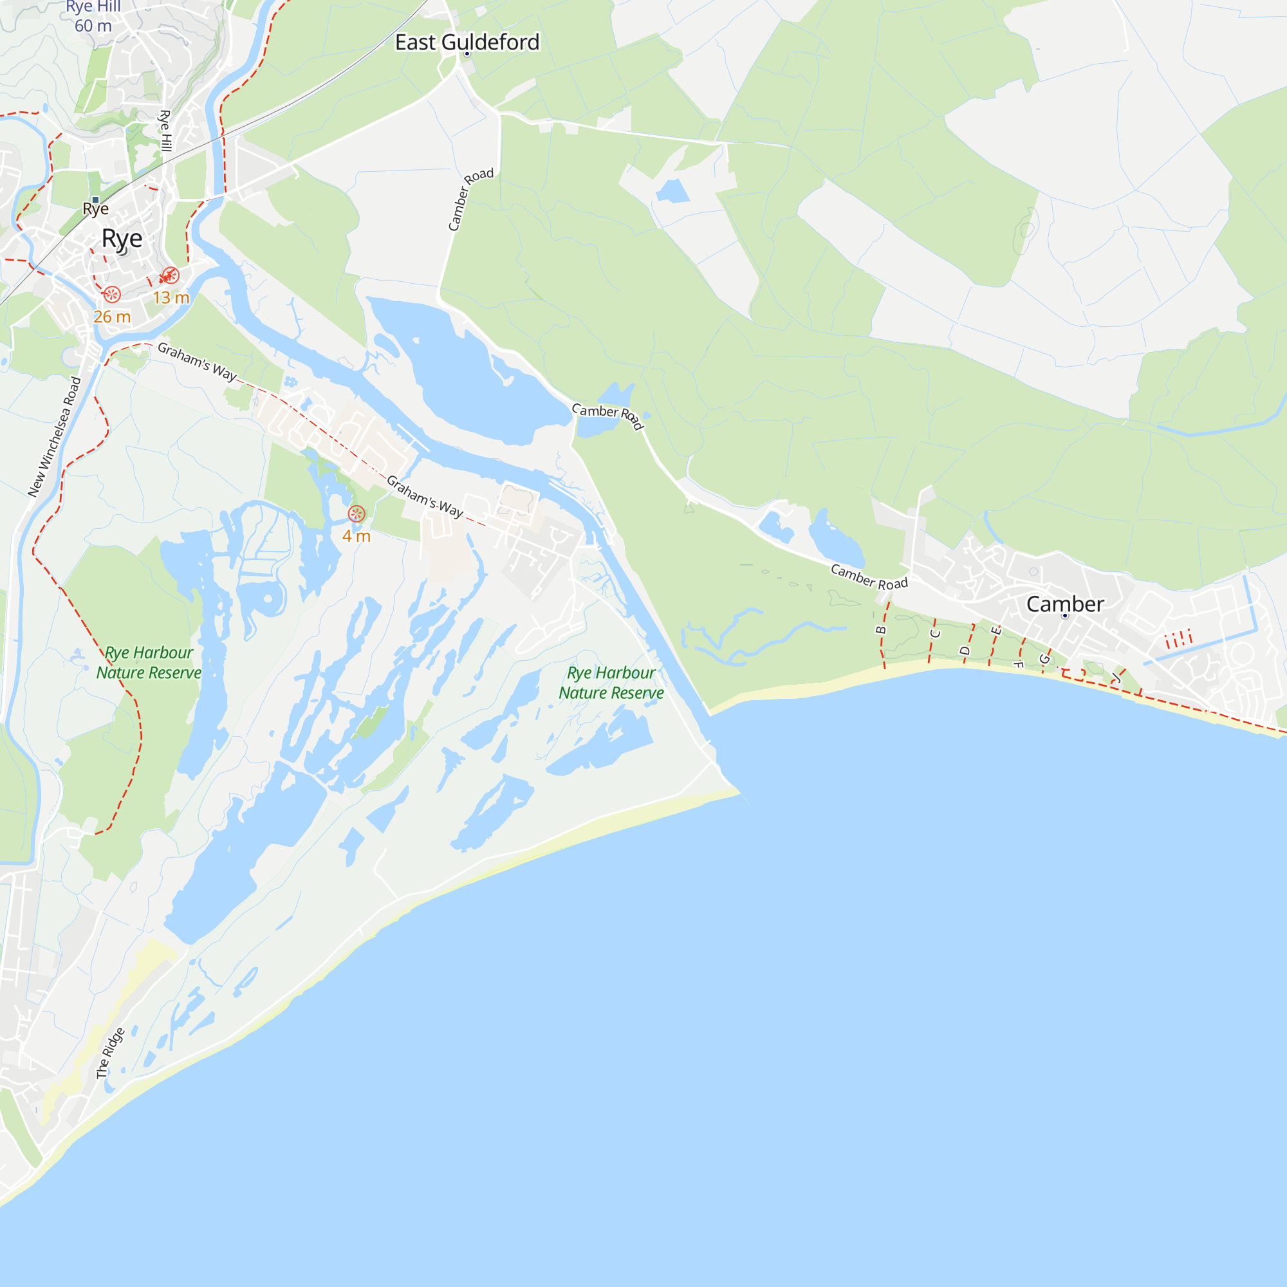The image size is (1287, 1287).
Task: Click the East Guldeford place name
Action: pyautogui.click(x=467, y=42)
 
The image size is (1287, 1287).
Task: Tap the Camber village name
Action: pyautogui.click(x=1064, y=604)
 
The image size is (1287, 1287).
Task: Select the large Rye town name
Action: pyautogui.click(x=122, y=238)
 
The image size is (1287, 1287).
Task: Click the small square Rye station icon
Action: pyautogui.click(x=96, y=200)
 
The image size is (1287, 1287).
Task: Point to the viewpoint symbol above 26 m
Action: pyautogui.click(x=112, y=294)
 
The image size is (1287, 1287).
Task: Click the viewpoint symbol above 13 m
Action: pyautogui.click(x=170, y=275)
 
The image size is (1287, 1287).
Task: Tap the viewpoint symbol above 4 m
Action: pyautogui.click(x=356, y=514)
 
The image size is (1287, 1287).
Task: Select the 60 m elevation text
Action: pyautogui.click(x=93, y=26)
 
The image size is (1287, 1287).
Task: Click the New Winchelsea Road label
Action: pyautogui.click(x=54, y=437)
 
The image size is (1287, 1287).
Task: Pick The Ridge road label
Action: pyautogui.click(x=110, y=1053)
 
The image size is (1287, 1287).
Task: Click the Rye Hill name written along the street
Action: pyautogui.click(x=165, y=131)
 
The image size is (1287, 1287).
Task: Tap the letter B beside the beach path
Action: pyautogui.click(x=881, y=629)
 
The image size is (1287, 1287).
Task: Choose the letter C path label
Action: pyautogui.click(x=935, y=633)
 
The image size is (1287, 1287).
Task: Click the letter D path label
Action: pyautogui.click(x=965, y=651)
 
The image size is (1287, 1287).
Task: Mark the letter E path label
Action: pyautogui.click(x=996, y=630)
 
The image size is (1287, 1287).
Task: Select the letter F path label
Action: pyautogui.click(x=1018, y=664)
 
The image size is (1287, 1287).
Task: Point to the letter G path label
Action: pyautogui.click(x=1044, y=660)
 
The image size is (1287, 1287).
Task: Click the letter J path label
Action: pyautogui.click(x=1116, y=678)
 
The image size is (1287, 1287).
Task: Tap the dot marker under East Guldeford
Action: pyautogui.click(x=467, y=54)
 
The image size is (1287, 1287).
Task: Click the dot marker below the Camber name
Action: pyautogui.click(x=1064, y=616)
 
